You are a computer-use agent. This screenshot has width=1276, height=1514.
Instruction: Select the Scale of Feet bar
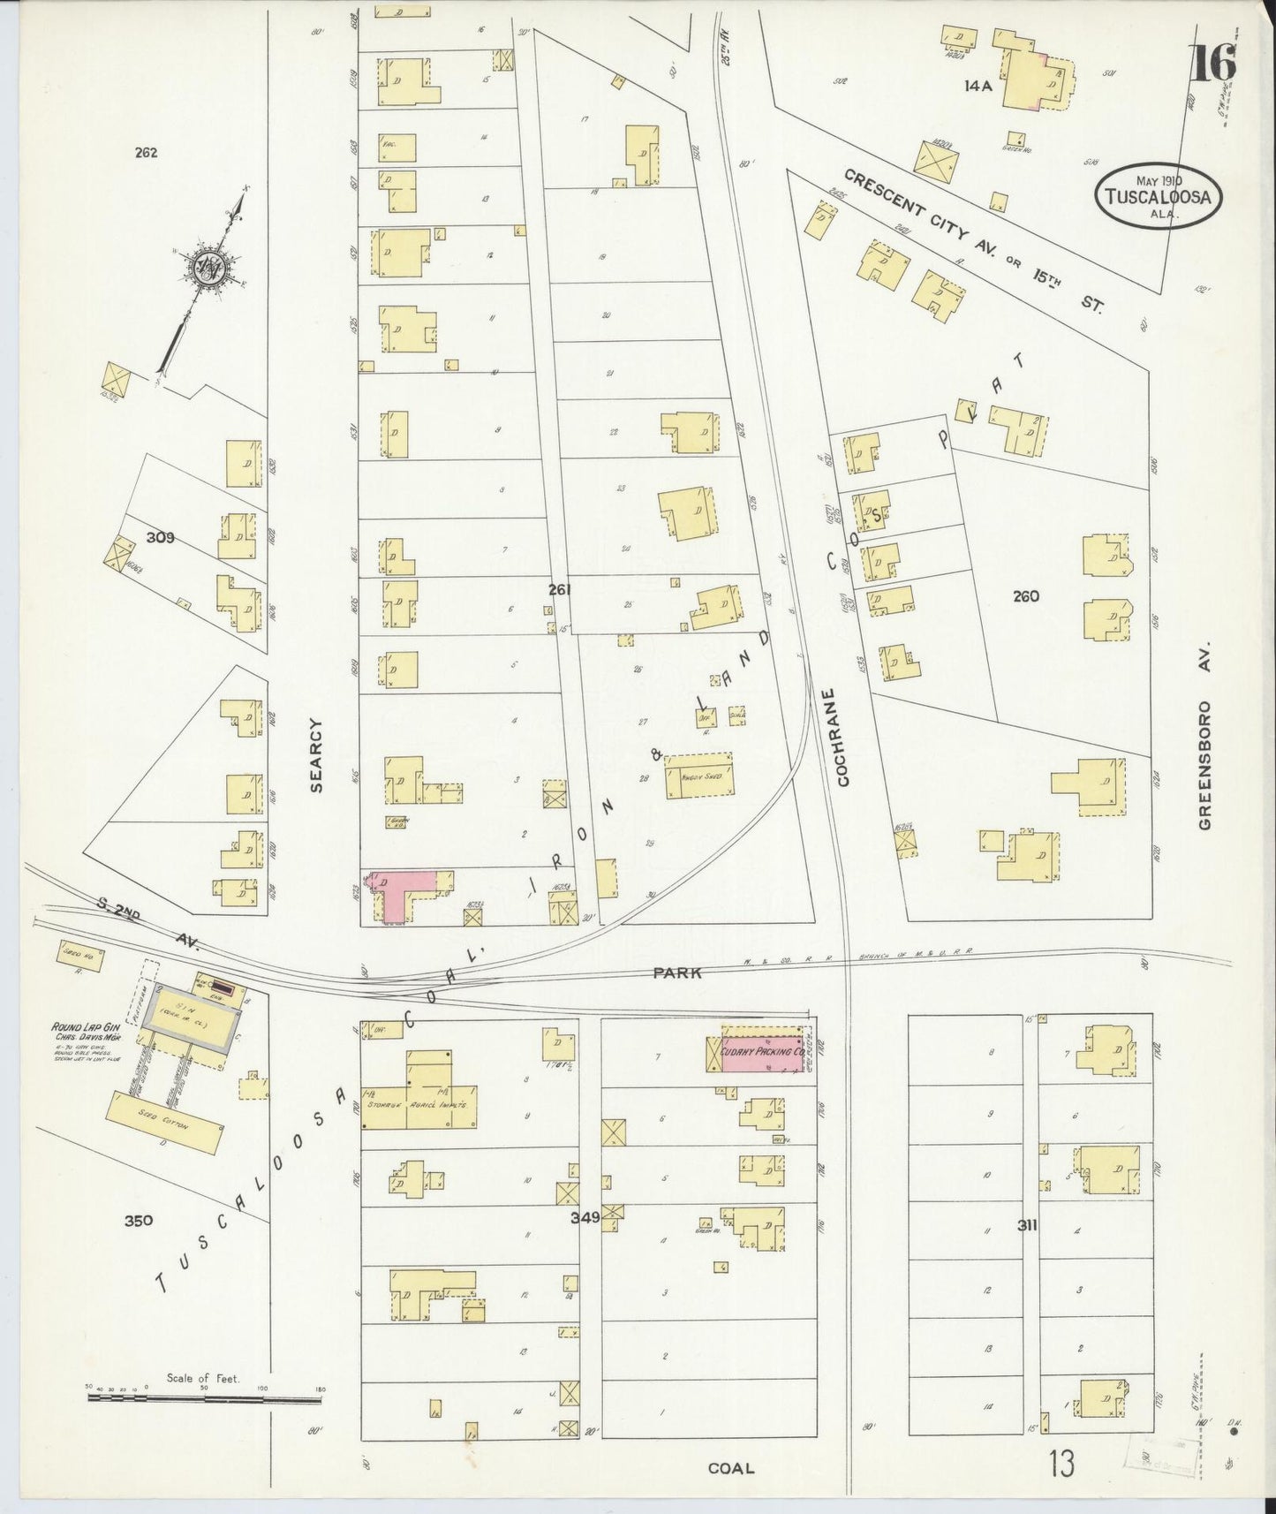tap(205, 1412)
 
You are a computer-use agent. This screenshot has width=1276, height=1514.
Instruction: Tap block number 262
tap(146, 152)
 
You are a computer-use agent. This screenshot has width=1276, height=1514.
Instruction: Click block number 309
tap(161, 536)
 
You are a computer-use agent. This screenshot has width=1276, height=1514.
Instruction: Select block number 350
tap(138, 1222)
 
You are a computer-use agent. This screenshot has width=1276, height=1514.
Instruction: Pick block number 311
tap(1027, 1225)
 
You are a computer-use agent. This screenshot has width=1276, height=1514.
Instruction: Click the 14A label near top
tap(979, 86)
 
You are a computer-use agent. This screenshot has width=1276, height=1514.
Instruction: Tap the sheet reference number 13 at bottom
tap(1062, 1465)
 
